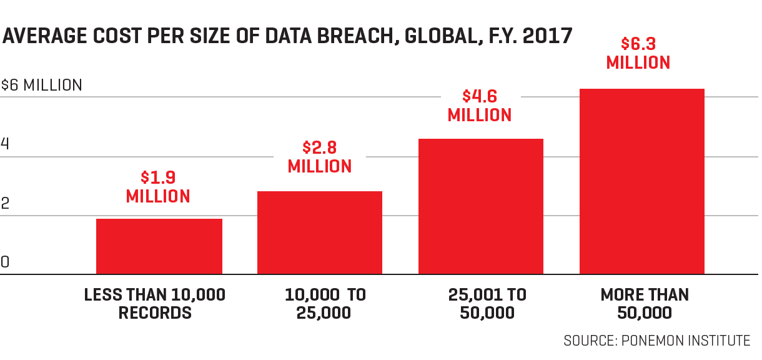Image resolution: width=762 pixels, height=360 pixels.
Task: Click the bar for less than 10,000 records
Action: [159, 246]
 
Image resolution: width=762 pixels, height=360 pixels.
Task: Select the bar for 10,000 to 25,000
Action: [320, 232]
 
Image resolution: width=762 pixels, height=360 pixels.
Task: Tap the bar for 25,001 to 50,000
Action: [481, 206]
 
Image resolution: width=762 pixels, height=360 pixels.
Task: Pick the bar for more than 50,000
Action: [642, 181]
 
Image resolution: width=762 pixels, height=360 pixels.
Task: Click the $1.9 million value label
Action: [158, 187]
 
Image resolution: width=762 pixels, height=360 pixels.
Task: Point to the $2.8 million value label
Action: [320, 157]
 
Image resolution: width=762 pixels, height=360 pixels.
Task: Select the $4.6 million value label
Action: [480, 106]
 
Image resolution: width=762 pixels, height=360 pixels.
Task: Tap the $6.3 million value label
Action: [638, 54]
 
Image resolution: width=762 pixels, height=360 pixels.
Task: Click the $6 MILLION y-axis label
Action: [41, 85]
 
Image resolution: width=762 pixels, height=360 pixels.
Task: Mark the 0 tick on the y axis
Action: [5, 262]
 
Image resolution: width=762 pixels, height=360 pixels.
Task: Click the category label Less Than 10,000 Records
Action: [155, 303]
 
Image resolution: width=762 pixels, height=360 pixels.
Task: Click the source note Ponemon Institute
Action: [656, 341]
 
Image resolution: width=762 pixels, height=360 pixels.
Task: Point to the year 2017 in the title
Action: [548, 36]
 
